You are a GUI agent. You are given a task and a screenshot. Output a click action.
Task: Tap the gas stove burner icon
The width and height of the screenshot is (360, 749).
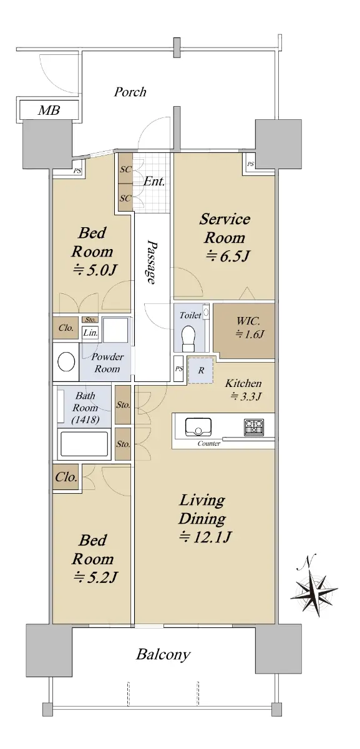254,428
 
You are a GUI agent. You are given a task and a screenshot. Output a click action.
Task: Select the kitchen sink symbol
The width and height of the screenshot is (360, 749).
198,427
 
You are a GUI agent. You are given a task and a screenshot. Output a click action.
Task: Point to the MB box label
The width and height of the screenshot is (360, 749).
49,110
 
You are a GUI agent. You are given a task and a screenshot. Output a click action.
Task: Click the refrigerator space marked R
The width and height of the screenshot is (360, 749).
201,370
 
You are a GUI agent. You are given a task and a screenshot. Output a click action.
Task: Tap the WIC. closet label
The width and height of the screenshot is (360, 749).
248,321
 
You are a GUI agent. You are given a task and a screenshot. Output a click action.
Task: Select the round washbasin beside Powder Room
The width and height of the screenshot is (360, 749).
66,361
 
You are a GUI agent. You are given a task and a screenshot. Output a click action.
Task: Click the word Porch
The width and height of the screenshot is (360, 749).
130,92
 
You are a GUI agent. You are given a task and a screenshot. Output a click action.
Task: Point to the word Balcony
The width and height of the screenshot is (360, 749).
163,654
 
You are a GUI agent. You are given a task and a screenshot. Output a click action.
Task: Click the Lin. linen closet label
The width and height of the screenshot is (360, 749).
90,333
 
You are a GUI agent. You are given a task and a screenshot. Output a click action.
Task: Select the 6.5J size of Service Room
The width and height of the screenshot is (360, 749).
228,256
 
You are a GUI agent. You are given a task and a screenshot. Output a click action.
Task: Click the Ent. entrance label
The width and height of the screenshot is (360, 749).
154,182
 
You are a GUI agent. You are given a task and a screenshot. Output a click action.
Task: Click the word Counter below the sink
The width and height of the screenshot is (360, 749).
209,443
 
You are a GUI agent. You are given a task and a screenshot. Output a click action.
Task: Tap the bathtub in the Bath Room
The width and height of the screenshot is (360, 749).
84,444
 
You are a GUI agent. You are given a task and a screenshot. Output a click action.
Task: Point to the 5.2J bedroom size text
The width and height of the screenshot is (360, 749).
95,577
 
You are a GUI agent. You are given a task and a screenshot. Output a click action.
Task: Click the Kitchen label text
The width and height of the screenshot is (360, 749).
243,383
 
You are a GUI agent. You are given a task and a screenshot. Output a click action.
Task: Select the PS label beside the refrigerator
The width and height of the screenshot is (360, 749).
179,369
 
